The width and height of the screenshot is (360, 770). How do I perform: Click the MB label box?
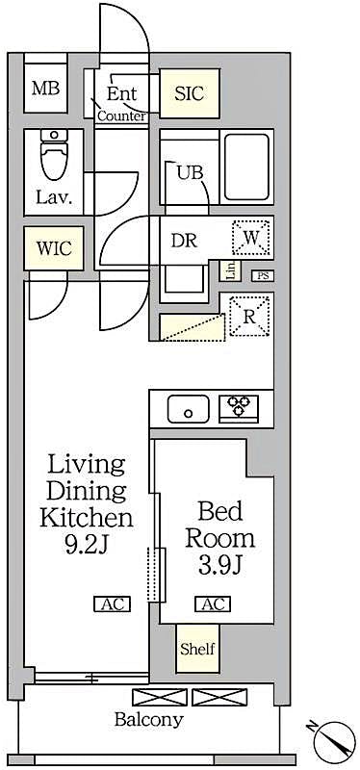coord(45,90)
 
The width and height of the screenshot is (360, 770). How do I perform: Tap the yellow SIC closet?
coord(189,93)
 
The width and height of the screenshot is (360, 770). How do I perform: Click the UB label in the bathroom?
coord(189,173)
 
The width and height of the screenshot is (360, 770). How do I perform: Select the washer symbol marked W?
coord(251,237)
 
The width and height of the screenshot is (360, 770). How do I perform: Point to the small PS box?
coord(262,276)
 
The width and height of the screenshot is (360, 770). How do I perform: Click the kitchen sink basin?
coord(189,409)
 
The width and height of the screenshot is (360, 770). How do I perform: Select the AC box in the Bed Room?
coord(212,604)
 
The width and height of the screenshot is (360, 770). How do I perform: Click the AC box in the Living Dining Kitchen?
coord(111,604)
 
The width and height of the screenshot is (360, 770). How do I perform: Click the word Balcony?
coord(149,719)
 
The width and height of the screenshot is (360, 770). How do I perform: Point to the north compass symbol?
coord(331,740)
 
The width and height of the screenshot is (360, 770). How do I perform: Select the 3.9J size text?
coord(219,563)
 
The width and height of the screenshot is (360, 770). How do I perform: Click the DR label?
coord(184,241)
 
